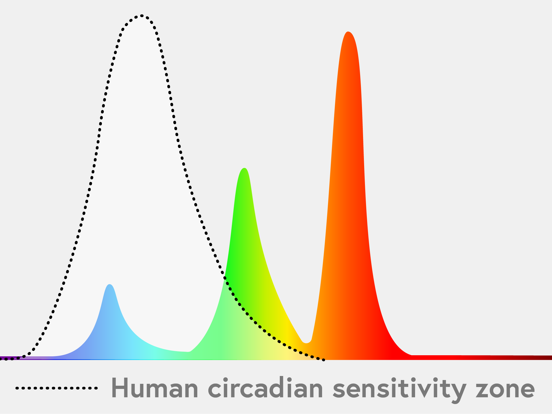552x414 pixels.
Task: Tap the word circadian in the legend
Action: coord(265,388)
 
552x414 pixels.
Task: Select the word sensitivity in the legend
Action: coord(399,388)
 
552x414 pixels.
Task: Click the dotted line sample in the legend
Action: coord(57,388)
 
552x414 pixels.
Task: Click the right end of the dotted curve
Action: coord(324,360)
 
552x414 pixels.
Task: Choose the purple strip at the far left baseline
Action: coord(8,358)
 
